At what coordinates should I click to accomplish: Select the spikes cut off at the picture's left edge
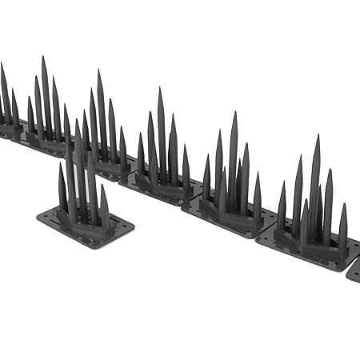click(x=5, y=96)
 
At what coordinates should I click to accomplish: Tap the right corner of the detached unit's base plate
click(x=133, y=227)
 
